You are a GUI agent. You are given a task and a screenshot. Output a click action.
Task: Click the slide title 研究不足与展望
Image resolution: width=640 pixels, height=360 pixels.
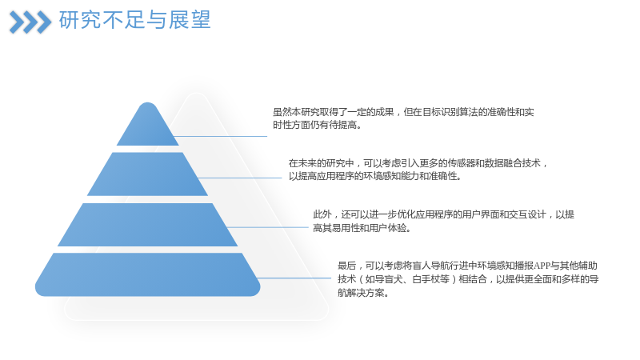[134, 20]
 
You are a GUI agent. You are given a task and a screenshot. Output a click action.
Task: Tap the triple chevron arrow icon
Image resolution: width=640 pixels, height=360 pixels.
[30, 22]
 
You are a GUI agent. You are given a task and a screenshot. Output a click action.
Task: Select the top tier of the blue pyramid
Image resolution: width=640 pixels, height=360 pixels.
[148, 124]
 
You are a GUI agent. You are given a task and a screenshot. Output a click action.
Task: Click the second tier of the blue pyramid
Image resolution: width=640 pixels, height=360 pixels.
[148, 174]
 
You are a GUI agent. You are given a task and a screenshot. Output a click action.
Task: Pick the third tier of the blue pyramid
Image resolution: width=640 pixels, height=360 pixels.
[148, 225]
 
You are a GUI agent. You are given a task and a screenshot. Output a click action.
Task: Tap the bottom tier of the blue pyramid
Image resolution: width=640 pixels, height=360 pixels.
[148, 274]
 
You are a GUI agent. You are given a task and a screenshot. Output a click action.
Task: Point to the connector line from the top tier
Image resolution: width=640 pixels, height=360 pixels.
[221, 136]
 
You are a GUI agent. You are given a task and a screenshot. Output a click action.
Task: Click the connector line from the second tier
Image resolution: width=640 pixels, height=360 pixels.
[240, 178]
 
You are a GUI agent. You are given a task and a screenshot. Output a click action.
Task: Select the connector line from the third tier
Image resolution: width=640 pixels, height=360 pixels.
[267, 227]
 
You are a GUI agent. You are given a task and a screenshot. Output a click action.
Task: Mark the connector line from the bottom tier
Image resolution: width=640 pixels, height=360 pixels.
[294, 278]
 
